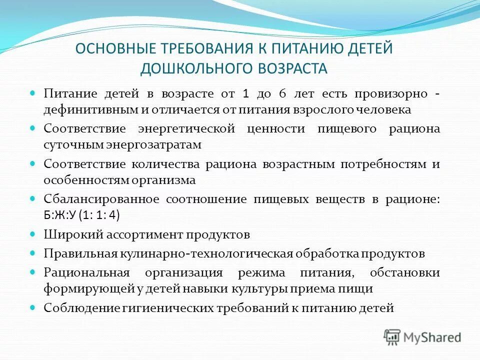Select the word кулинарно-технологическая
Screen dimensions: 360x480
tap(205, 253)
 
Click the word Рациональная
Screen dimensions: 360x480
tap(86, 273)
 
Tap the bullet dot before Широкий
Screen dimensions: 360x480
tap(33, 233)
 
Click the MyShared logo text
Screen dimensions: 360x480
tap(432, 337)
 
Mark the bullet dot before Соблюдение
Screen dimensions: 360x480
tap(33, 307)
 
